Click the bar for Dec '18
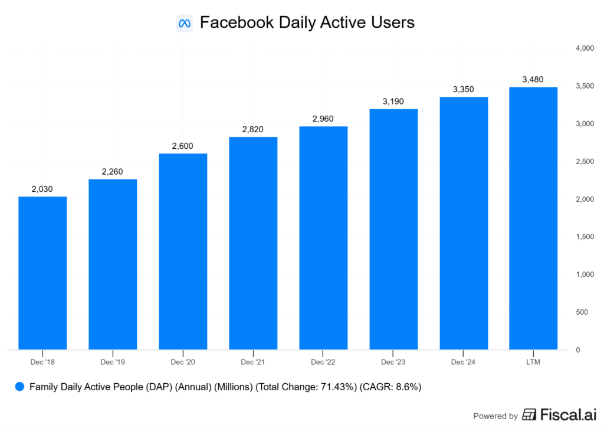[x=42, y=273]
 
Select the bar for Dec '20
[x=183, y=251]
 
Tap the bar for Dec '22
[x=323, y=238]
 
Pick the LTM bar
[x=533, y=218]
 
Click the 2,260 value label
[x=113, y=172]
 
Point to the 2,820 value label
[x=253, y=129]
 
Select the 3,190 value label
[x=393, y=102]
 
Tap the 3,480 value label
[x=533, y=80]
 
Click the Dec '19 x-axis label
[x=113, y=361]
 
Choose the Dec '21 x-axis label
[x=253, y=361]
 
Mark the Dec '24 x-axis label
[x=464, y=361]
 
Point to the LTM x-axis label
[x=533, y=361]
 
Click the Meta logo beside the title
[x=185, y=24]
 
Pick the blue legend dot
[x=19, y=387]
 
